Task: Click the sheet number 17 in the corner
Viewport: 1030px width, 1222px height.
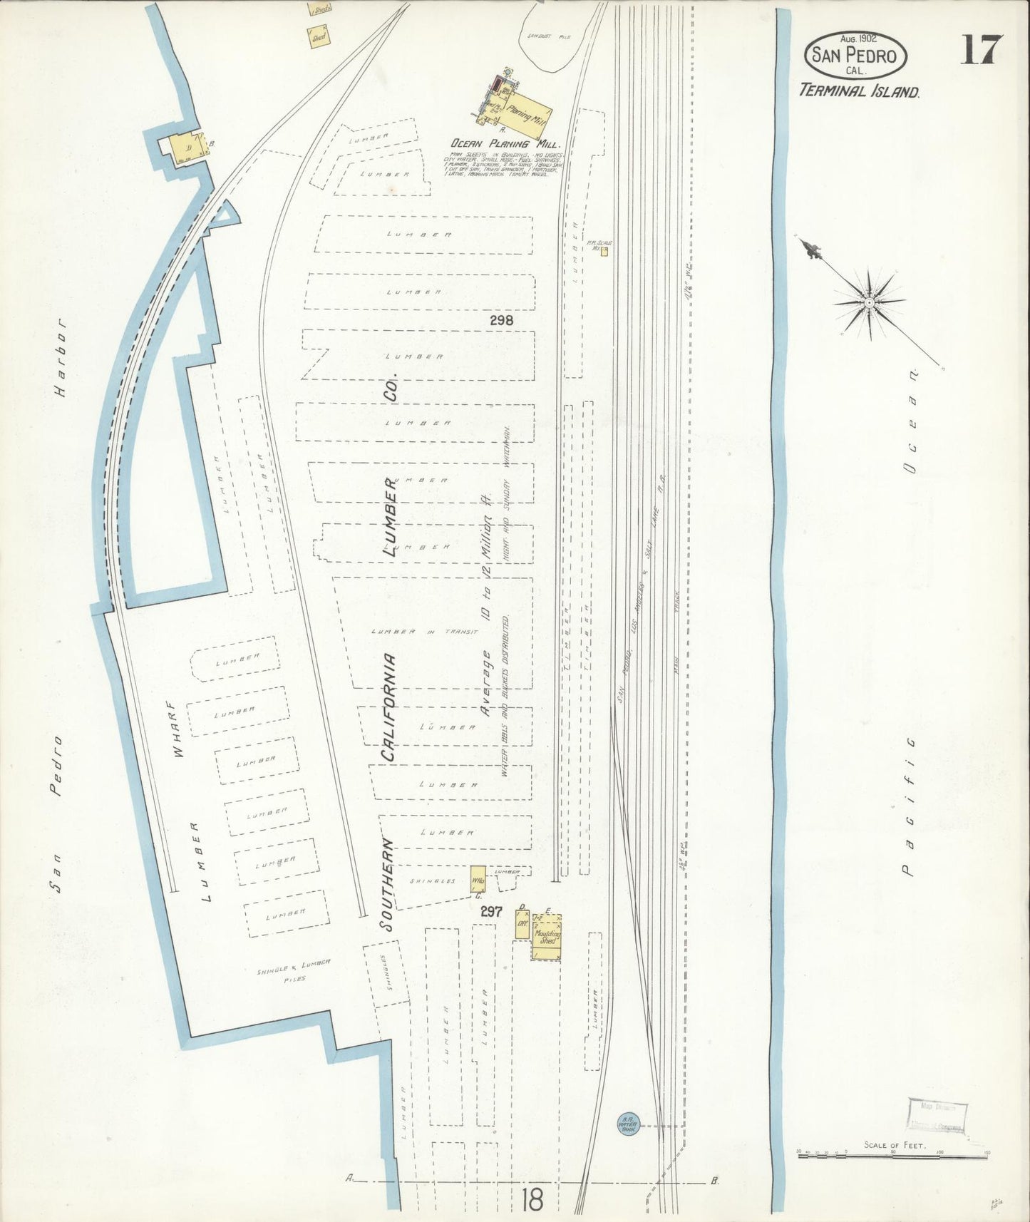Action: [x=981, y=50]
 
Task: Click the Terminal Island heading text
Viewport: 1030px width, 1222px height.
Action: [x=859, y=91]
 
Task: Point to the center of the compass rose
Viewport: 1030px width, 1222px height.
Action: [x=870, y=303]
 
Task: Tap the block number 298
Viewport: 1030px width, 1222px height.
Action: [x=501, y=321]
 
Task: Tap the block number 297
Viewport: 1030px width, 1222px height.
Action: [x=492, y=911]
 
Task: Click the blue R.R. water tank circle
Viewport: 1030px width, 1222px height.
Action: [x=628, y=1125]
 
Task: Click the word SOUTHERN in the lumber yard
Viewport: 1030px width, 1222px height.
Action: [x=387, y=883]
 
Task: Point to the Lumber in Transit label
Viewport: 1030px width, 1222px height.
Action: [x=425, y=632]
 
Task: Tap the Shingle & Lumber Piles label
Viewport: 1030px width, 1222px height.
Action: [x=293, y=970]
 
